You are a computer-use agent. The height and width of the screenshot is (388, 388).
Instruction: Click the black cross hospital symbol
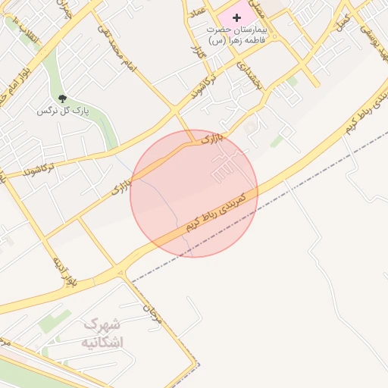(x=236, y=17)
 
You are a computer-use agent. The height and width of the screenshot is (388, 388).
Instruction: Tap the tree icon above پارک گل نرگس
(x=63, y=99)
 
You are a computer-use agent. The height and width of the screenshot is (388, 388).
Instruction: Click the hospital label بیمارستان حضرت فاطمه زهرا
(x=236, y=33)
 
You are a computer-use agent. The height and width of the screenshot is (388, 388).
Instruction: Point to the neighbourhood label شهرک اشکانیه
(x=102, y=333)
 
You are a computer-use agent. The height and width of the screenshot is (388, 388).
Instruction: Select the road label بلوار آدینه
(x=63, y=273)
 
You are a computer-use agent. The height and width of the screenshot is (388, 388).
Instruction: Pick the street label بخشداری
(x=249, y=76)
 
